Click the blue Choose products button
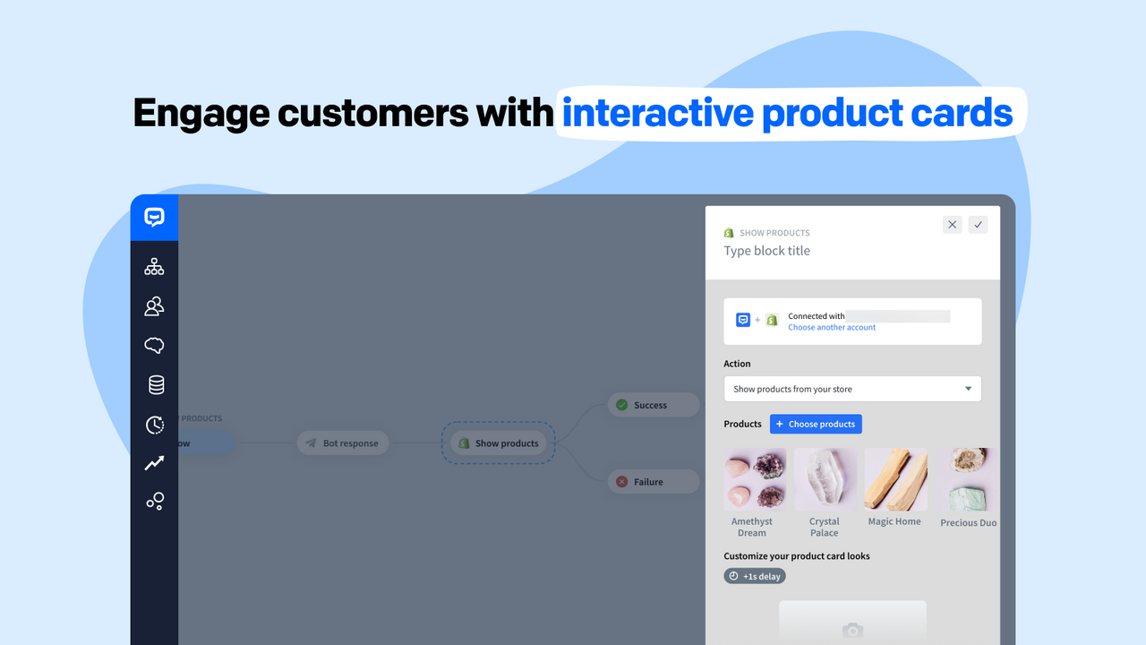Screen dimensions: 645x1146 [816, 424]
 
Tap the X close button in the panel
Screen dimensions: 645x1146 [953, 225]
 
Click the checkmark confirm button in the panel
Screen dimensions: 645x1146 [978, 225]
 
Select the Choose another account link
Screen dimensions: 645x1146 [832, 328]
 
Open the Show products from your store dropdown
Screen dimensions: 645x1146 [852, 389]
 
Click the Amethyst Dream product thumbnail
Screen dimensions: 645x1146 [755, 479]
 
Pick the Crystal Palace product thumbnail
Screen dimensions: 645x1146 [825, 479]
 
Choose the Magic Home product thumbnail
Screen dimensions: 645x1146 [894, 479]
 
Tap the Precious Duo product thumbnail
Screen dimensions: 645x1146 [968, 479]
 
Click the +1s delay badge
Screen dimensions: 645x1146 [755, 576]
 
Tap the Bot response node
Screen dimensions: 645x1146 [343, 443]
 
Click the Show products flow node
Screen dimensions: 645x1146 [498, 443]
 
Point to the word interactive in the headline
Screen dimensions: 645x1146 [657, 114]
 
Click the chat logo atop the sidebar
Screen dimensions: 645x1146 [154, 218]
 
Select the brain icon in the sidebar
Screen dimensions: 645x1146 [154, 345]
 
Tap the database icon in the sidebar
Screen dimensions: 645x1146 [156, 384]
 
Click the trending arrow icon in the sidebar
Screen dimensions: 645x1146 [155, 463]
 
